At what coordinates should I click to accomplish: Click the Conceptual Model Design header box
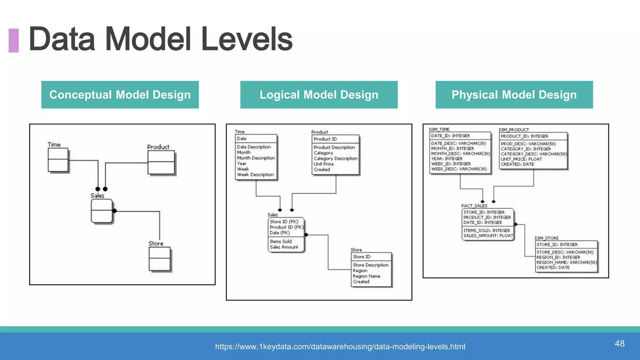point(120,95)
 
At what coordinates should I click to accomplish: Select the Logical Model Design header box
point(319,95)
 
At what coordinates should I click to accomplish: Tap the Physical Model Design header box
point(514,95)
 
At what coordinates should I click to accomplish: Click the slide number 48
point(619,343)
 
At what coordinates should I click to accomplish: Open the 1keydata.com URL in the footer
point(340,347)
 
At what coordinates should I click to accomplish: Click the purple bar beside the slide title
point(13,40)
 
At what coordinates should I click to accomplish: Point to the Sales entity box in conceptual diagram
point(102,211)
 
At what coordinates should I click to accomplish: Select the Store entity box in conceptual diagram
point(160,259)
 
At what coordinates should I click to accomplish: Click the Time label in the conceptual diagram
point(54,145)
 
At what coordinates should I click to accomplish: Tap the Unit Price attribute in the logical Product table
point(324,164)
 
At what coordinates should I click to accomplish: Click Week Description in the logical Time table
point(255,175)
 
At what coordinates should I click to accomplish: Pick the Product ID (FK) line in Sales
point(286,227)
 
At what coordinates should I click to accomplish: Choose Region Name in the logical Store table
point(367,276)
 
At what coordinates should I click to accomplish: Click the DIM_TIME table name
point(439,129)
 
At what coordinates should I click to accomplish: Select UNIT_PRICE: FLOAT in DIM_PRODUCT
point(521,159)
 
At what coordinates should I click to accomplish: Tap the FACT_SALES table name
point(474,206)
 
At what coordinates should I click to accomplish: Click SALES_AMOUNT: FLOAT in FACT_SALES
point(488,236)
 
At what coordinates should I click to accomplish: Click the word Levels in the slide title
point(247,39)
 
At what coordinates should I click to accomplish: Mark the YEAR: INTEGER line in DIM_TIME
point(447,159)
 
